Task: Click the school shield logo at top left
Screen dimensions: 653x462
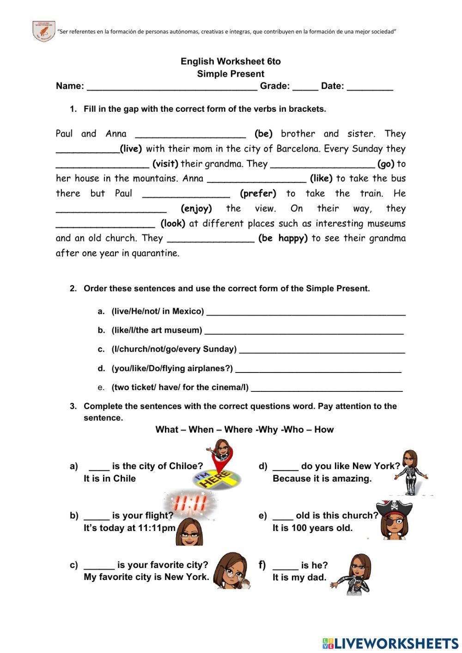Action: coord(44,31)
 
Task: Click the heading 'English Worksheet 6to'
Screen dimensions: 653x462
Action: coord(231,61)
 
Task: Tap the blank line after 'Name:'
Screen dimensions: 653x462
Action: coord(172,86)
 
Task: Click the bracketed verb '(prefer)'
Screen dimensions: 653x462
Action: coord(258,194)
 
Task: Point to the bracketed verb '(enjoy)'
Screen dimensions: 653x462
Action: coord(196,208)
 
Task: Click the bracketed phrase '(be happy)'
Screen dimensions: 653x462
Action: coord(283,238)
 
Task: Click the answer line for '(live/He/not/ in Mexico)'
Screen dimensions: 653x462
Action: coord(306,312)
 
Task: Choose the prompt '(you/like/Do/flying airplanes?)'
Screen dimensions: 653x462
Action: coord(172,369)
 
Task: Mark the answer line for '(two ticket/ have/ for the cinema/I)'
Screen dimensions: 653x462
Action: coord(326,388)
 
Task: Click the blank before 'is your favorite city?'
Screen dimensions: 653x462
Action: coord(99,566)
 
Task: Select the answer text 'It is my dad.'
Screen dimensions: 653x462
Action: coord(299,578)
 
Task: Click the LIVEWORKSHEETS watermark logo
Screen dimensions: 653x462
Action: coord(390,643)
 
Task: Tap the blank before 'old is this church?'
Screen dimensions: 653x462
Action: coord(283,516)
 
